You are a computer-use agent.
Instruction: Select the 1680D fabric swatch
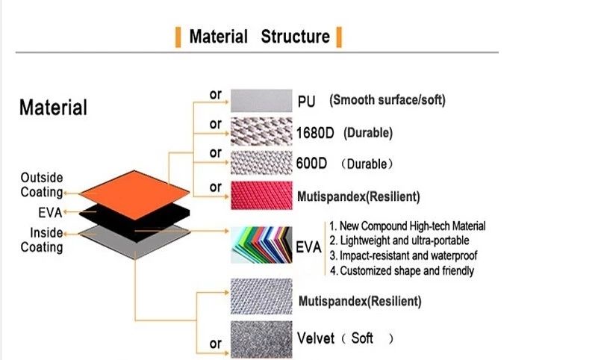point(261,131)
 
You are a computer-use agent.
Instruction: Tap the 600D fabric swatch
point(261,163)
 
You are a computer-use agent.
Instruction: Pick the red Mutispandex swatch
point(261,195)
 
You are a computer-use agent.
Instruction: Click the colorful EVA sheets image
point(261,244)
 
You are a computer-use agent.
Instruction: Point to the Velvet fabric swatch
point(261,339)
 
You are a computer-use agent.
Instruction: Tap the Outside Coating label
point(42,184)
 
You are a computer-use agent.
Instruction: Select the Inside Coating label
point(42,240)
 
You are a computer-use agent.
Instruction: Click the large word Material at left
point(53,108)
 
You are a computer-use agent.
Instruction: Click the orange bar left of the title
point(178,37)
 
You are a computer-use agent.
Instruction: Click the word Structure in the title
point(295,37)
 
